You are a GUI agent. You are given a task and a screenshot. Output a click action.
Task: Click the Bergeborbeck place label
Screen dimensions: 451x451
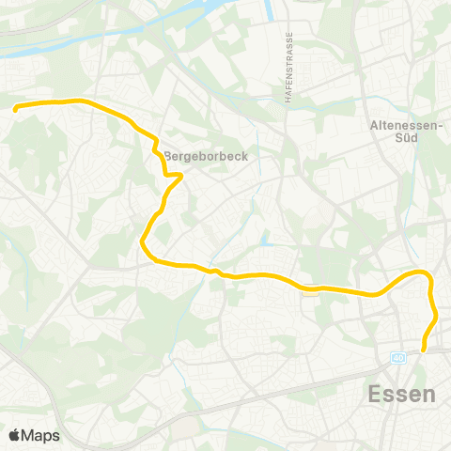[206, 157]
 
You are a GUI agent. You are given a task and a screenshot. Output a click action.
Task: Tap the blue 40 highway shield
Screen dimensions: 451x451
[399, 358]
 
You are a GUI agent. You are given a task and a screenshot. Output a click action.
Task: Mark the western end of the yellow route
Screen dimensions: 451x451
[16, 109]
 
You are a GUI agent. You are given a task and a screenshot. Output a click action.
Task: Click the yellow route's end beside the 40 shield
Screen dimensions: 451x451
[424, 350]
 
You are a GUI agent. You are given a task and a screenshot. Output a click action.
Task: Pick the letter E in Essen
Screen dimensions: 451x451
[376, 394]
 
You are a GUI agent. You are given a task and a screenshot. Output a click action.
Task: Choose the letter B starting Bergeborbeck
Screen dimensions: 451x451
[168, 157]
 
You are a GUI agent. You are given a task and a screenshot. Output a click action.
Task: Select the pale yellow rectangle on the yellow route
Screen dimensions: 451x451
[311, 291]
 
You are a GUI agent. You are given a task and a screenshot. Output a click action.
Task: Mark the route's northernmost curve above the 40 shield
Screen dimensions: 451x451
[422, 272]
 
